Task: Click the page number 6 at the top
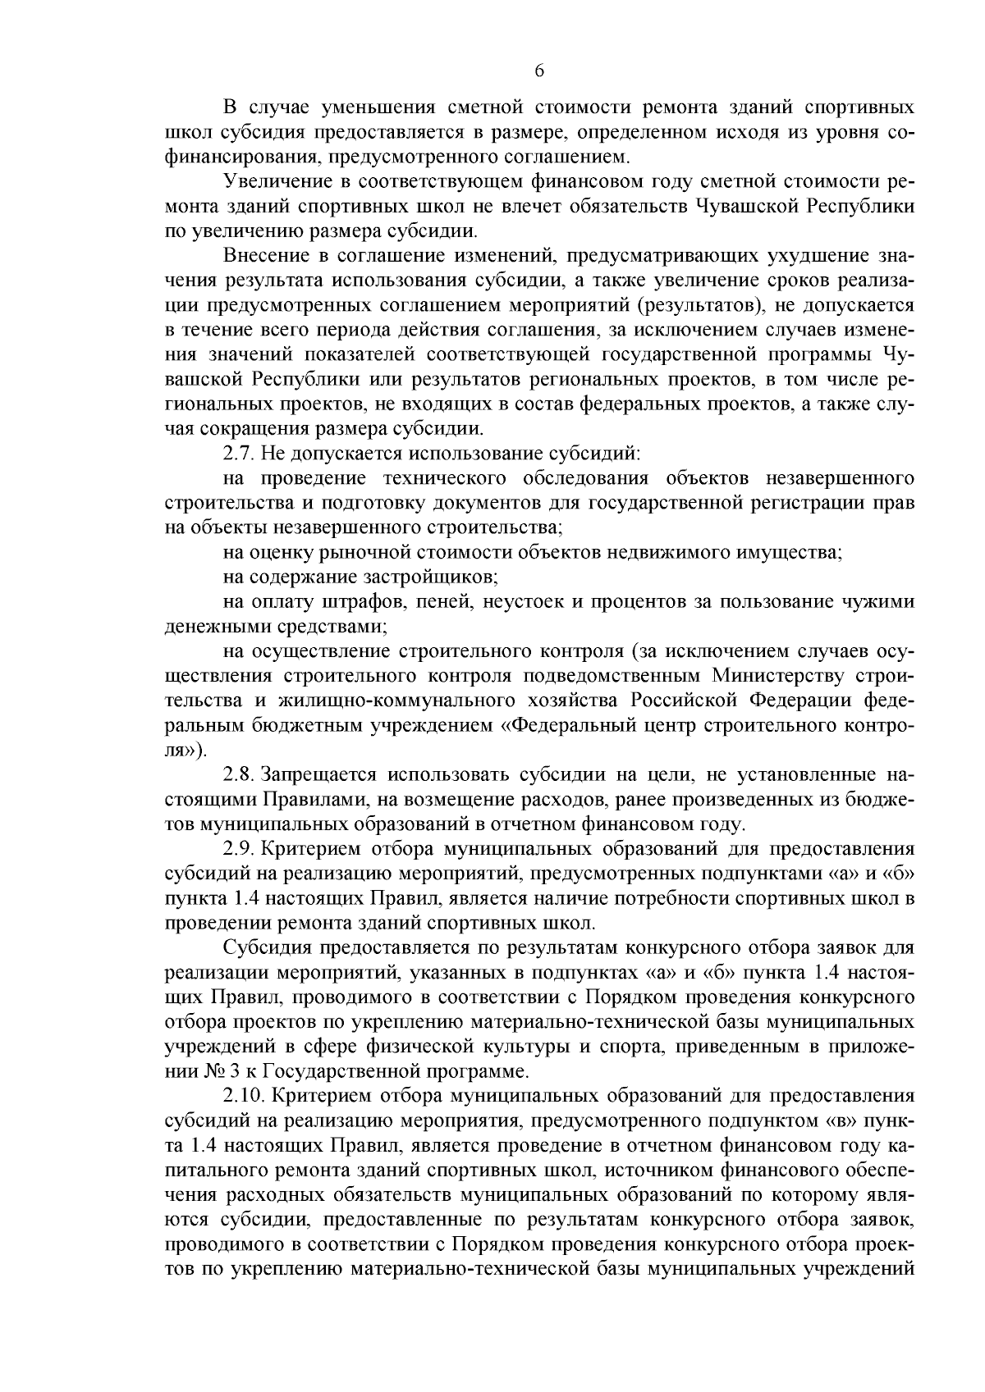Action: coord(539,71)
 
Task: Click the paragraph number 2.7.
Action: coord(237,453)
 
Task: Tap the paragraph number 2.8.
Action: coord(237,774)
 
